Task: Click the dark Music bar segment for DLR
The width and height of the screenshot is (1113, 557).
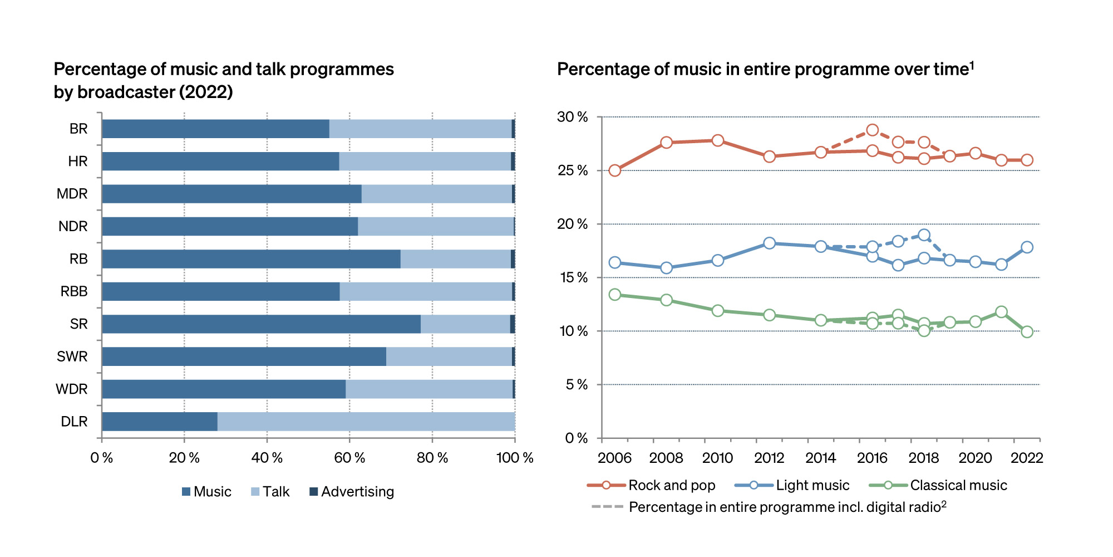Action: coord(160,422)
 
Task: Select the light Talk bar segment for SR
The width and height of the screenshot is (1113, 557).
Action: coord(465,324)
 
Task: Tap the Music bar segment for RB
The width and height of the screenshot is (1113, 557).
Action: coord(251,259)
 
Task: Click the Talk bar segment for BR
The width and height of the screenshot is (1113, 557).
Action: coord(420,129)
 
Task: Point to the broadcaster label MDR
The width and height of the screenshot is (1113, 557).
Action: coord(72,194)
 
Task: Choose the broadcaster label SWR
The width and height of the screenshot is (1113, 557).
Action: coord(72,356)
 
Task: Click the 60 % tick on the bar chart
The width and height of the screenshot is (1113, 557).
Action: coord(349,458)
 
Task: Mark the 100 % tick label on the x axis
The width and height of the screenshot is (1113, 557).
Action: coord(515,458)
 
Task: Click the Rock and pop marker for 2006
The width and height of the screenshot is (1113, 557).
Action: coord(614,170)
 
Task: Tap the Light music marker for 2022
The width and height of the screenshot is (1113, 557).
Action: coord(1027,247)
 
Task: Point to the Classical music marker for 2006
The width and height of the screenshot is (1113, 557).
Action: coord(614,295)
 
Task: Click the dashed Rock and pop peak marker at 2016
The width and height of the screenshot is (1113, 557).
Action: coord(872,130)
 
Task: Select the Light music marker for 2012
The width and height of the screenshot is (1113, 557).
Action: coord(769,243)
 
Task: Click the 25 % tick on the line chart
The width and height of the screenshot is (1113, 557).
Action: coord(573,170)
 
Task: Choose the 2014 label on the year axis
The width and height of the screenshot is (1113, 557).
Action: coord(820,458)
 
